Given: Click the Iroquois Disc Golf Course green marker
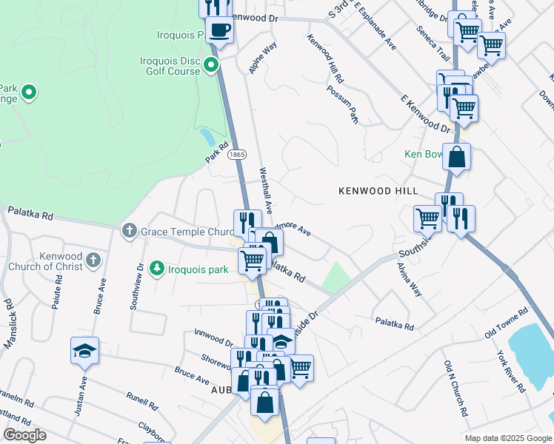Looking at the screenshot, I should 211,66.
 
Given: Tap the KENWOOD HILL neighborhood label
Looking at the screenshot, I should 378,191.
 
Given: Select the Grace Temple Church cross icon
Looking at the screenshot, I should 129,232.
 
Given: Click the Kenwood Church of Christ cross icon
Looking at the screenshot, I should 93,260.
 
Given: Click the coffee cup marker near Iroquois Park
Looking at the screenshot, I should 218,31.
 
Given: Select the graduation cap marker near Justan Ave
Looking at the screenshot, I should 84,350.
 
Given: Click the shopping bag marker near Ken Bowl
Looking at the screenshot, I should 458,158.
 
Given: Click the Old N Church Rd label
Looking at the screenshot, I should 454,387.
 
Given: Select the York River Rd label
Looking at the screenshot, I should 511,370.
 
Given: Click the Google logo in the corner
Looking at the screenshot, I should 24,436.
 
